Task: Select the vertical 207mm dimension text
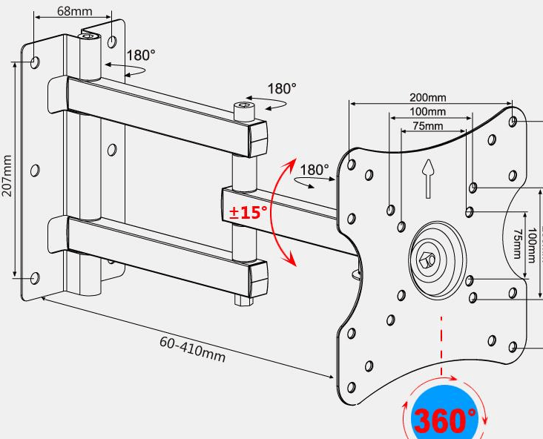point(7,176)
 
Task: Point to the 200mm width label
point(427,97)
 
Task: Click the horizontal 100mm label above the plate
point(427,112)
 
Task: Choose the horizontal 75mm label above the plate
point(428,126)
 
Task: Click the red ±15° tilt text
point(248,212)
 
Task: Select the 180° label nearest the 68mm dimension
point(141,56)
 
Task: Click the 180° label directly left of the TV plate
point(314,170)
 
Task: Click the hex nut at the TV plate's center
point(427,260)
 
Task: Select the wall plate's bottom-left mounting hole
point(34,278)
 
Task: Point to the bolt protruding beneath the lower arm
point(243,300)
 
